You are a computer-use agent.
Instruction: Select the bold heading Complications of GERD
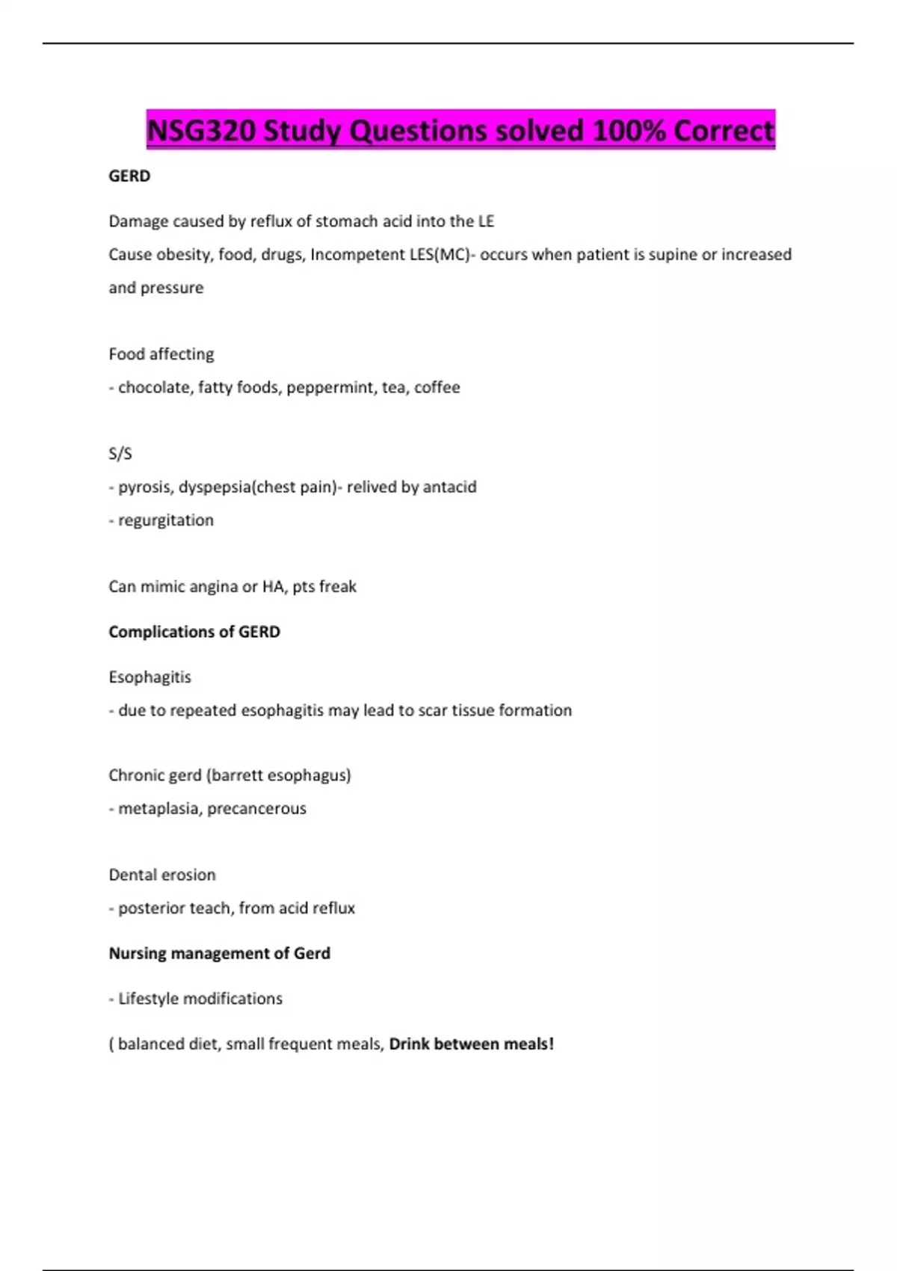pyautogui.click(x=194, y=632)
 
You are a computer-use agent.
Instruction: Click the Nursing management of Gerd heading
pyautogui.click(x=219, y=953)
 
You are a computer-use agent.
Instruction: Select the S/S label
pyautogui.click(x=120, y=454)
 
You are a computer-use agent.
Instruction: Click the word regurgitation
pyautogui.click(x=166, y=520)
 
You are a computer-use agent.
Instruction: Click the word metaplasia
pyautogui.click(x=158, y=808)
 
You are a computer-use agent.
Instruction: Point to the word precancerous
pyautogui.click(x=256, y=808)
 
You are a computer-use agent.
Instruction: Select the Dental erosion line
pyautogui.click(x=162, y=875)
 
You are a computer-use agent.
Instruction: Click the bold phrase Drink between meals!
pyautogui.click(x=472, y=1044)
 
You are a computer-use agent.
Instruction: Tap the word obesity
pyautogui.click(x=183, y=254)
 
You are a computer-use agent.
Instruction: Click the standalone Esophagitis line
pyautogui.click(x=149, y=677)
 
